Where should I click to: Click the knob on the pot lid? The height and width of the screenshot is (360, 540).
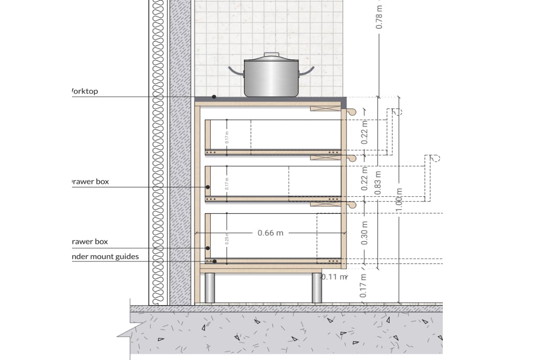271,55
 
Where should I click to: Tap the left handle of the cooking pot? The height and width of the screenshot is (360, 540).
235,71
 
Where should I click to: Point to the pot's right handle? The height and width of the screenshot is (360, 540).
307,71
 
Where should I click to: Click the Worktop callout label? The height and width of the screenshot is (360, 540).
85,91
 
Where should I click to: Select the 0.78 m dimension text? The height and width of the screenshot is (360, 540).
379,17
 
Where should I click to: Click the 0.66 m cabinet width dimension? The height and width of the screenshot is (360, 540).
270,233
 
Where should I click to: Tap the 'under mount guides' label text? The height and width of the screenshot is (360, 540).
105,257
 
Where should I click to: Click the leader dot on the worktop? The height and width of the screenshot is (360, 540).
214,97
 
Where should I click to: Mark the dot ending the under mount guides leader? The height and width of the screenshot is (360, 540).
215,261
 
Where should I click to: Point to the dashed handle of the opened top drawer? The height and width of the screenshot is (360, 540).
396,112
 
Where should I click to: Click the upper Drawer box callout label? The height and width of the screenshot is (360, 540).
90,182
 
